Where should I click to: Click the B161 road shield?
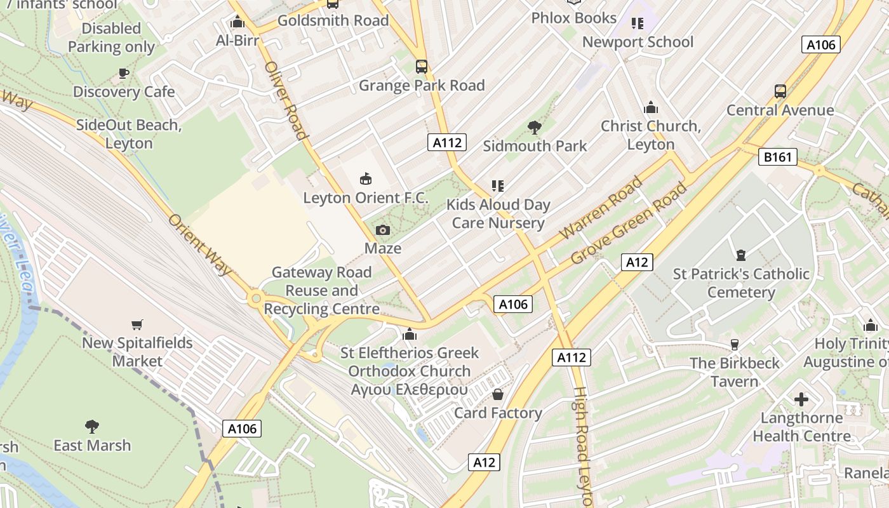[x=777, y=157]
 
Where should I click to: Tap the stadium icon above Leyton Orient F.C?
[x=366, y=179]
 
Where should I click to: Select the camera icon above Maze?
[x=383, y=230]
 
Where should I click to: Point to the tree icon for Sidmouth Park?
[x=535, y=128]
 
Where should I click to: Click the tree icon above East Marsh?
[x=92, y=426]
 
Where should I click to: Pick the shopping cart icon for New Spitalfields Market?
[x=137, y=325]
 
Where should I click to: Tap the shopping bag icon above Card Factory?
[x=498, y=395]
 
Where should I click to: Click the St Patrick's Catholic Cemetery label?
[x=741, y=283]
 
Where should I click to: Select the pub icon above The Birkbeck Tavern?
[x=735, y=345]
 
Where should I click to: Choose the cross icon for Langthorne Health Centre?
[x=801, y=399]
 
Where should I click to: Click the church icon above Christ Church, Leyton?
[x=651, y=107]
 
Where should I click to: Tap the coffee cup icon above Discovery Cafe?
[x=124, y=74]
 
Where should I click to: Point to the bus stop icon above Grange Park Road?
[x=421, y=67]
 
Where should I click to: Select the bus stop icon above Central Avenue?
[x=780, y=91]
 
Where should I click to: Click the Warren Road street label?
[x=601, y=209]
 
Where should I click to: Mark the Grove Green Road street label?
[x=629, y=224]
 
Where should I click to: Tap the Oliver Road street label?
[x=286, y=100]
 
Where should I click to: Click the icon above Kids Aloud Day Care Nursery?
[x=498, y=186]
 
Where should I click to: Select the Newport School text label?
[x=638, y=42]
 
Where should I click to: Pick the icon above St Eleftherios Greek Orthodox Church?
[x=410, y=334]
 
